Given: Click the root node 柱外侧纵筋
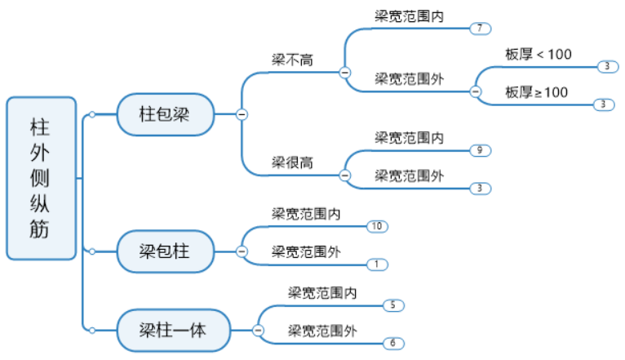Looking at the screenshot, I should point(40,178).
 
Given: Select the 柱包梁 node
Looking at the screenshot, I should point(165,114).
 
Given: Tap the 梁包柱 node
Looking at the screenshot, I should point(165,251).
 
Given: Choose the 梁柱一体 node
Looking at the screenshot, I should point(173,330).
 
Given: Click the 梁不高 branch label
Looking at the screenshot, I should point(293,60).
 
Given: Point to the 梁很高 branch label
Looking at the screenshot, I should point(293,162).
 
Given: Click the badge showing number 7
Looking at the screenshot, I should point(480,29).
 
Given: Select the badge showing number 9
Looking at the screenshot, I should point(480,150).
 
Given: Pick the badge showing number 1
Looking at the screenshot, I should point(376,264).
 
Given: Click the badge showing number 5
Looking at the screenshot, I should point(392,305).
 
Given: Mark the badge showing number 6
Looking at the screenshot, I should point(392,343).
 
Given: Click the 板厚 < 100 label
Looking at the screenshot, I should point(539,55).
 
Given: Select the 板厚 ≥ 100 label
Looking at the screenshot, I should point(536,92).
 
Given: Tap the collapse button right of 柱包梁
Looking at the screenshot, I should point(242,114).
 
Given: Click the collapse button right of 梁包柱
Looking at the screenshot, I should point(242,251).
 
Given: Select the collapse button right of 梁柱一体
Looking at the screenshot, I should point(258,330).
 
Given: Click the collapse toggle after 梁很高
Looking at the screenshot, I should point(344,175).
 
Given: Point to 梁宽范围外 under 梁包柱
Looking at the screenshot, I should point(306,252).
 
